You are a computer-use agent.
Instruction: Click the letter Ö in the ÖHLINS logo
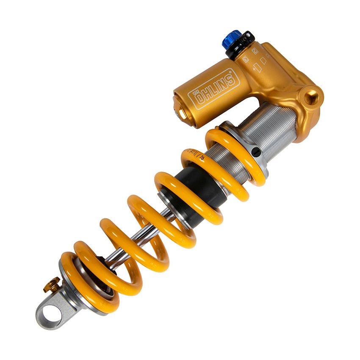(198, 98)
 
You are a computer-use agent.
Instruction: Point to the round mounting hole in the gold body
(312, 96)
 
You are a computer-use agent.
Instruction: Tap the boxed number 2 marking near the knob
(255, 50)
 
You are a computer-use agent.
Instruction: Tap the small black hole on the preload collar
(255, 151)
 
